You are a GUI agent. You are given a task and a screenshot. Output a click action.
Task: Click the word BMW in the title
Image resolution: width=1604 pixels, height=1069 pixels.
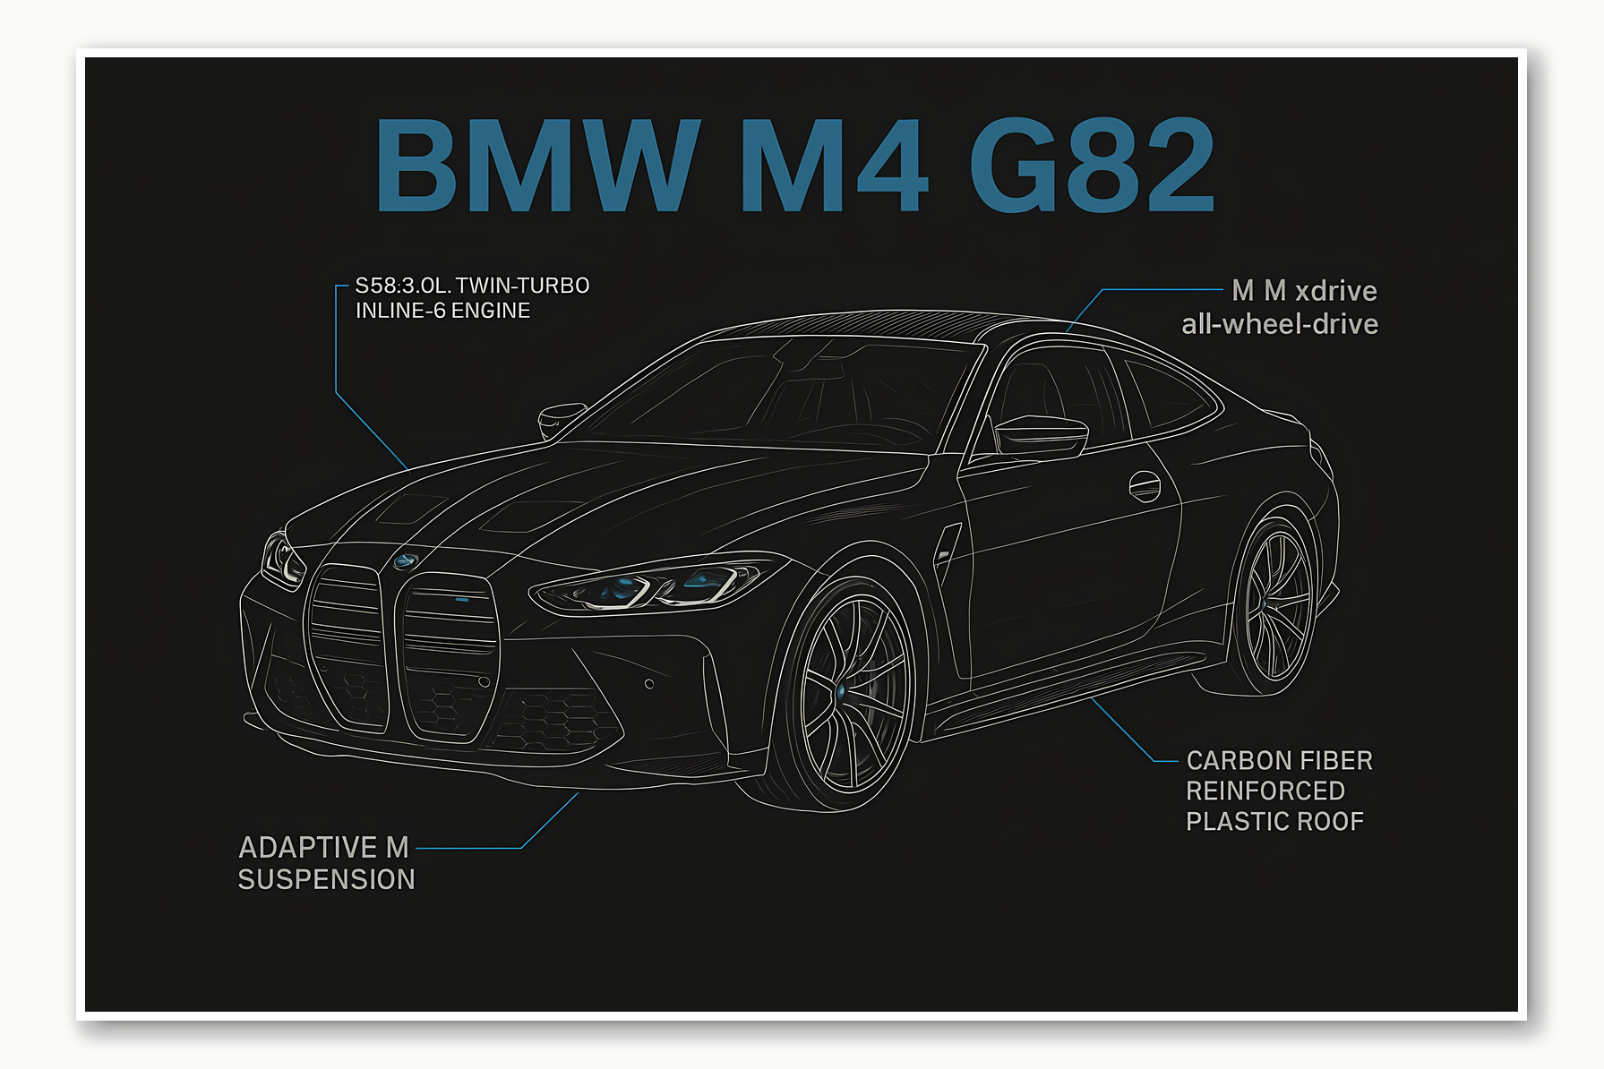click(x=536, y=166)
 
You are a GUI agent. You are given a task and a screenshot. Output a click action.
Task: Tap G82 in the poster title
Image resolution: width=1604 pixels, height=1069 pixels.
click(x=1091, y=166)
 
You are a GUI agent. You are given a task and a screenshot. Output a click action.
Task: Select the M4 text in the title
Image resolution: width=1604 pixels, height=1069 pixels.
click(x=833, y=166)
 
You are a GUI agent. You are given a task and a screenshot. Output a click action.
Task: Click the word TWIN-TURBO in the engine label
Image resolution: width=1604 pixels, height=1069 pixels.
click(x=522, y=286)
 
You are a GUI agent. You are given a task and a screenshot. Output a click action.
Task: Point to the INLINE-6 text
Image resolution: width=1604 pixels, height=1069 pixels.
click(x=400, y=311)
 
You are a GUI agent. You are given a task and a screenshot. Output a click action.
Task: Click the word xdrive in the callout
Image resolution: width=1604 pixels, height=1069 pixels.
click(x=1336, y=291)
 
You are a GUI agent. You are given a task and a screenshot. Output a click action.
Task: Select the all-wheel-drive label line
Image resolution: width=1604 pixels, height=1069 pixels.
click(x=1279, y=324)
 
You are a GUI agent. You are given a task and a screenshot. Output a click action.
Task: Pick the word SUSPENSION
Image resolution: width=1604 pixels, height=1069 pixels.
click(x=326, y=880)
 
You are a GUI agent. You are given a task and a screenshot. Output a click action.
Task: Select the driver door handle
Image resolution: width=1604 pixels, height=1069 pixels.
click(x=1144, y=486)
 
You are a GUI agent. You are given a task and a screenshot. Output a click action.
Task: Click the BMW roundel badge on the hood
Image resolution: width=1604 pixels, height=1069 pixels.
click(x=405, y=561)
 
